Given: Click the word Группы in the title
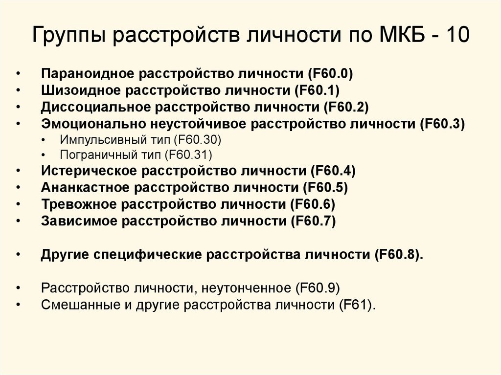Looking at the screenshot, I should (x=70, y=38).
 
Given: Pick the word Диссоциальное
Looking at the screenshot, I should (x=93, y=107).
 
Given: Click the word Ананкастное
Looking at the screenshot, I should (x=85, y=188).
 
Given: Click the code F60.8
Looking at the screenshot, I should (x=400, y=255).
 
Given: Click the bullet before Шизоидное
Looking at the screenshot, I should (x=18, y=91).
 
